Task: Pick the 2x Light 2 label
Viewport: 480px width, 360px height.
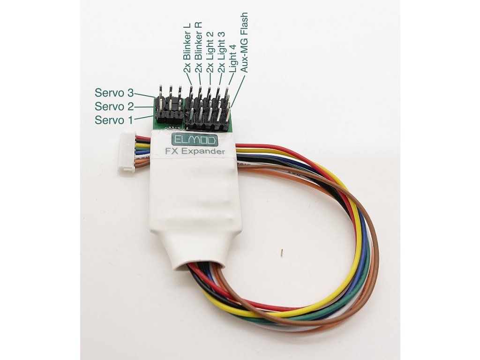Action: (210, 52)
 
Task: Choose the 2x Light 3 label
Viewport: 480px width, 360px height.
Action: (221, 52)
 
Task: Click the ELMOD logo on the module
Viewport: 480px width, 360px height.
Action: (194, 140)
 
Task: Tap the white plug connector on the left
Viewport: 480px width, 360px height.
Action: (128, 151)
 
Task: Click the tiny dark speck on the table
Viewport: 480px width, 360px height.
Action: (281, 253)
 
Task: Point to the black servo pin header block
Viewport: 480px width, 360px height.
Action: (170, 114)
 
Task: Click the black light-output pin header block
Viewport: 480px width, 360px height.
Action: (209, 117)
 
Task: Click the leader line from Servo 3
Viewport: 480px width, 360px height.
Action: (147, 95)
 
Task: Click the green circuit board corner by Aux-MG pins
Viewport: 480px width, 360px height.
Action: (231, 127)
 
